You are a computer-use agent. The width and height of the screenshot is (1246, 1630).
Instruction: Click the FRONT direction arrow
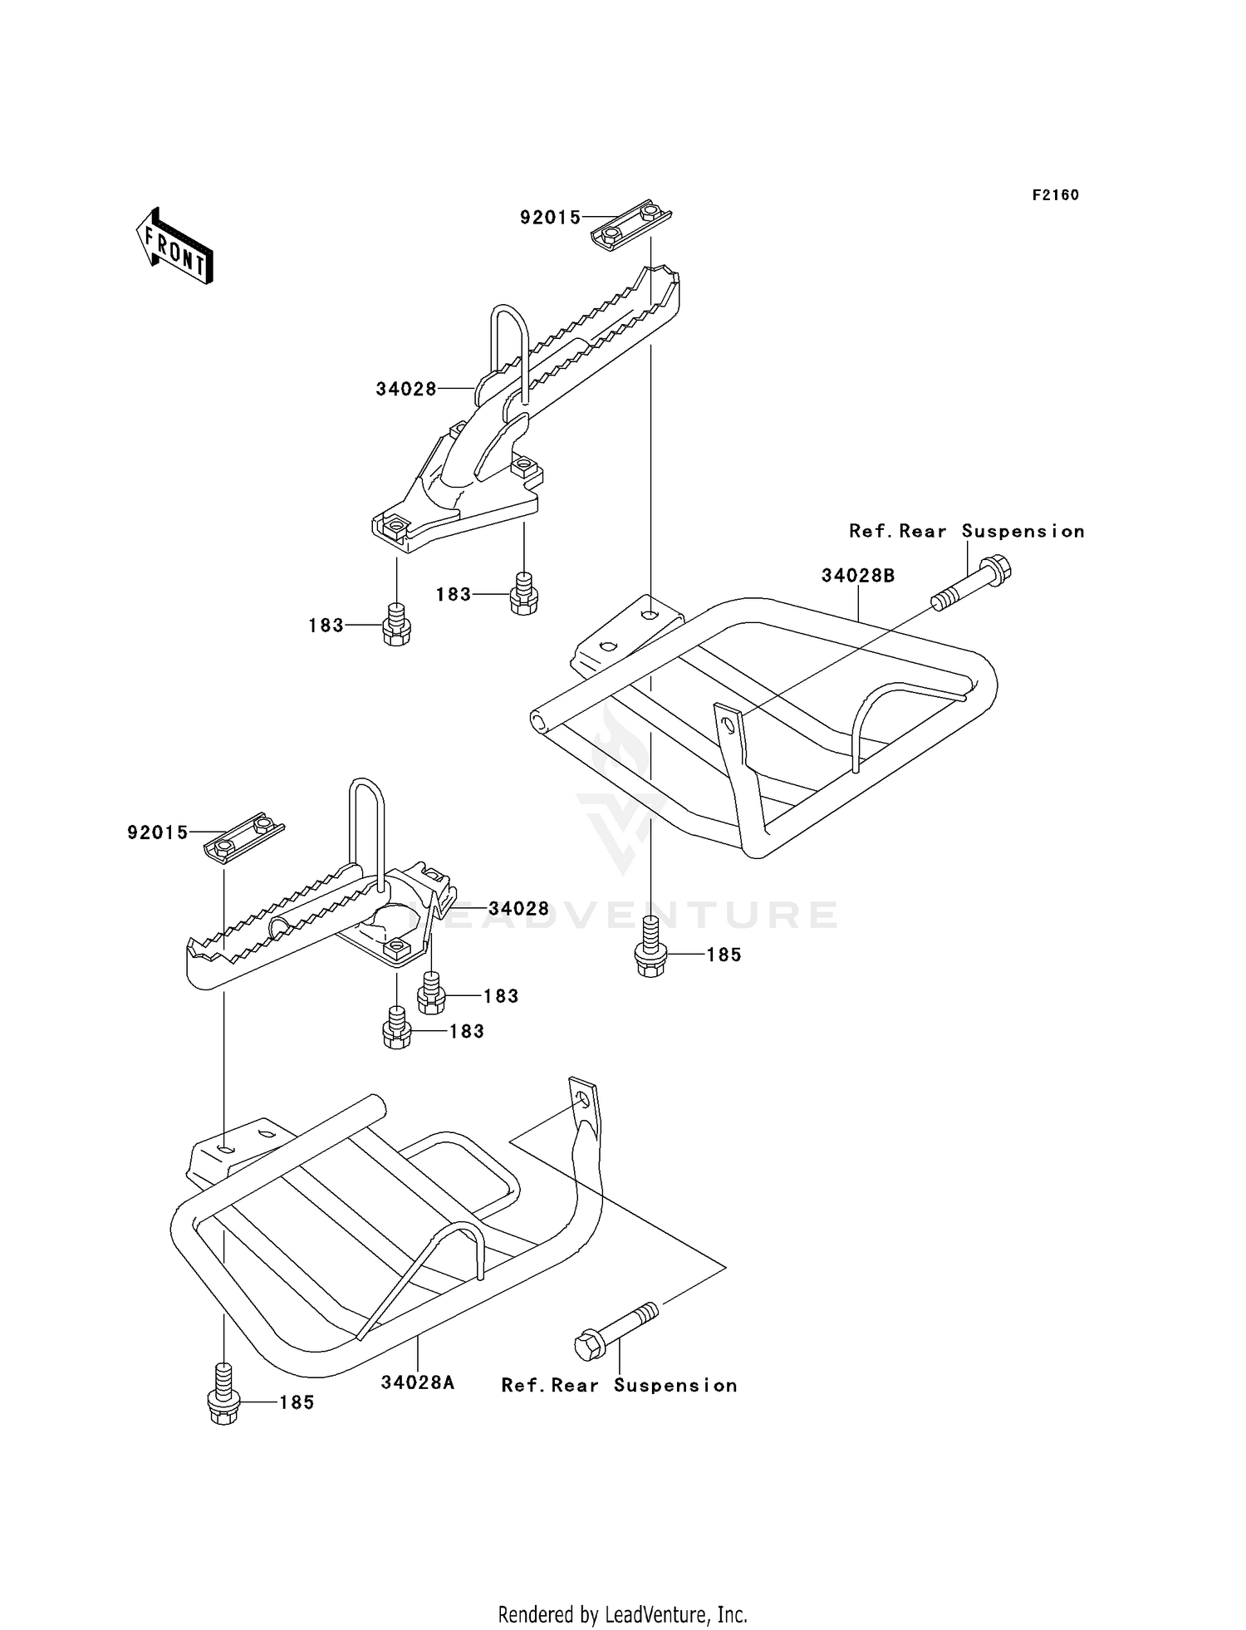175,247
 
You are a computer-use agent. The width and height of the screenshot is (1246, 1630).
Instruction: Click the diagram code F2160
1055,195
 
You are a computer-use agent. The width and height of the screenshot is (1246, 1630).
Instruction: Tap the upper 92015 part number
550,218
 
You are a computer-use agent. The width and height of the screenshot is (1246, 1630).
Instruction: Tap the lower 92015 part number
158,832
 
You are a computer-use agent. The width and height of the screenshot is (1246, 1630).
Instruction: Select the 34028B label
858,576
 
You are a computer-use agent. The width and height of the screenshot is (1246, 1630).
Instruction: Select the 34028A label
418,1382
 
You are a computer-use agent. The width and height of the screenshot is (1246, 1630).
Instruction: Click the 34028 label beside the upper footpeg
406,389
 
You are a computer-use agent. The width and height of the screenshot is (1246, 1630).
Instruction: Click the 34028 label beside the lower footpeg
518,909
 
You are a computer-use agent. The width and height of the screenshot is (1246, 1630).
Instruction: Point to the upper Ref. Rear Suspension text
966,532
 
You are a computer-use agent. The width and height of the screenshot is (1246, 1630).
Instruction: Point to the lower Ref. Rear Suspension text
619,1386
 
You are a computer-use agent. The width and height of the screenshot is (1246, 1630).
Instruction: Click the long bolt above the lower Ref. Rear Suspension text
616,1331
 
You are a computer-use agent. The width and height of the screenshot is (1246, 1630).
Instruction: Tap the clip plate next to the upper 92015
630,225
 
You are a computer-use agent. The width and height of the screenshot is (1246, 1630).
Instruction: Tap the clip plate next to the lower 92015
243,837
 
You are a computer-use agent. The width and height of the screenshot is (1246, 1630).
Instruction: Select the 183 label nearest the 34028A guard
467,1031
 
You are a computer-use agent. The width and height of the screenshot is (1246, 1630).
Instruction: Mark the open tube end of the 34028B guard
541,721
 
